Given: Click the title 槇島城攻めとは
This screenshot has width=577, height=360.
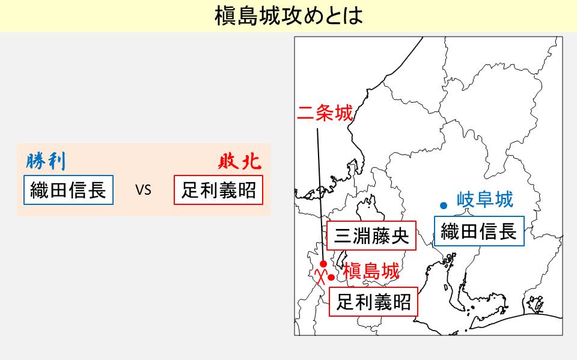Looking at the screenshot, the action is click(x=288, y=16).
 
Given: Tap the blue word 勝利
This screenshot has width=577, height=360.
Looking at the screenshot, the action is click(x=46, y=161).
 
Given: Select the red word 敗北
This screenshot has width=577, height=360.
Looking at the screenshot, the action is click(x=240, y=161).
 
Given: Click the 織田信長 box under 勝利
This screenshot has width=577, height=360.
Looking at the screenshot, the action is click(x=69, y=190).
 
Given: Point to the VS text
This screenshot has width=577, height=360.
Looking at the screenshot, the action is click(x=143, y=190).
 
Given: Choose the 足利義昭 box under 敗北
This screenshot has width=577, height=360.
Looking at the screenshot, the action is click(x=219, y=190).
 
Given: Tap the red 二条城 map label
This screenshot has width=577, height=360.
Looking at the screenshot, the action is click(x=325, y=113).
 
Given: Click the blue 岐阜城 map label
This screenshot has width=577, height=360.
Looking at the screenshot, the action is click(x=485, y=200).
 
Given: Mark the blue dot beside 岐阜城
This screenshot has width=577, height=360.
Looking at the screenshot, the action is click(x=444, y=206).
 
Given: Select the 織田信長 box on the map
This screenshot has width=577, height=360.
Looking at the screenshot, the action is click(x=479, y=231).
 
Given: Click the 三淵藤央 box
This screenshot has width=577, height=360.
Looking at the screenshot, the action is click(x=371, y=236).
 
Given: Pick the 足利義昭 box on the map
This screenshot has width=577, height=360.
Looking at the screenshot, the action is click(x=373, y=302).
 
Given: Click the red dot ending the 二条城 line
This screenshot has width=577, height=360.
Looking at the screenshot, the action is click(x=323, y=264).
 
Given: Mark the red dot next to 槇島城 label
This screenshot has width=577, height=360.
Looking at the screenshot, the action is click(x=331, y=277).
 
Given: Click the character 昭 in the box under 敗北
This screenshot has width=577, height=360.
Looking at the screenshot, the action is click(x=247, y=191).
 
